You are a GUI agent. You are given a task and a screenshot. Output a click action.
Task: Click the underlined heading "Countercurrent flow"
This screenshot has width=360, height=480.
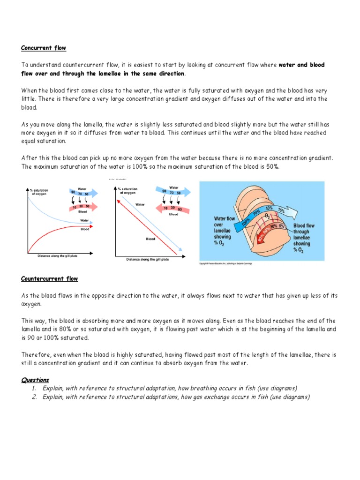click(50, 279)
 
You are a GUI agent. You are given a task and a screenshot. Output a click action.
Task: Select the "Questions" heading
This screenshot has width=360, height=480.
click(35, 380)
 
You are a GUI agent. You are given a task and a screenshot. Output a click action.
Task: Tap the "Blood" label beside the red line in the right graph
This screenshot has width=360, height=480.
click(150, 239)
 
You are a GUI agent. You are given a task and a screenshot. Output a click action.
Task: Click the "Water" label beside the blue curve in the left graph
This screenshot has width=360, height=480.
click(85, 220)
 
